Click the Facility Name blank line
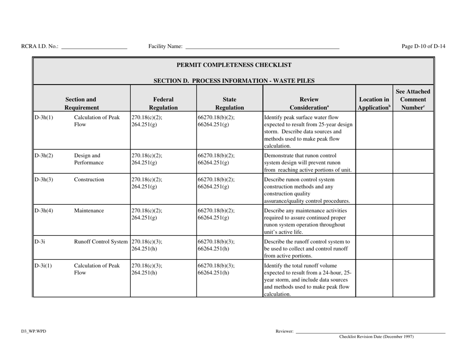pos(262,47)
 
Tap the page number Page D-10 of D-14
pos(423,47)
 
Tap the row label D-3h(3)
pos(43,180)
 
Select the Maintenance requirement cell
pos(89,211)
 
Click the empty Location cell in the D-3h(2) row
pos(374,162)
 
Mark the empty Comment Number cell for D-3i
pos(413,249)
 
